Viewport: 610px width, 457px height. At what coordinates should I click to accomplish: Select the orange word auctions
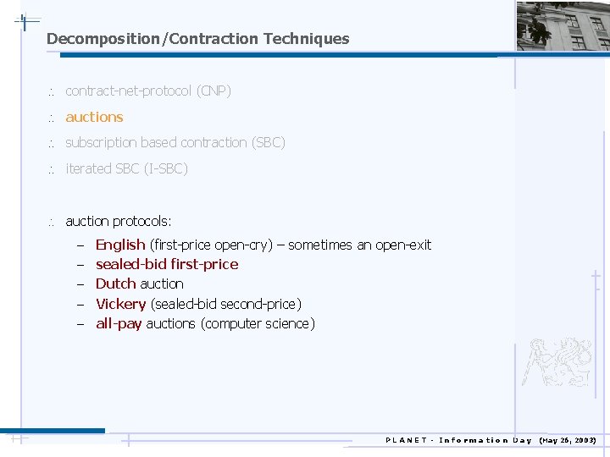(94, 117)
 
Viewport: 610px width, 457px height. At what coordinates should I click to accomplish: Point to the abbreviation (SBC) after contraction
(268, 142)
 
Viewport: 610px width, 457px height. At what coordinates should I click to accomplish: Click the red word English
(120, 245)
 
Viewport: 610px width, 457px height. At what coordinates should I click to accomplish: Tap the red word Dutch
(116, 284)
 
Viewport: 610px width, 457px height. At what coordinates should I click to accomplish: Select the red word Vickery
(121, 304)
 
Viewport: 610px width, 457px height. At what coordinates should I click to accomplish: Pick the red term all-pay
(119, 323)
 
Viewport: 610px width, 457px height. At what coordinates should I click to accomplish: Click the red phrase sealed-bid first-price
(167, 264)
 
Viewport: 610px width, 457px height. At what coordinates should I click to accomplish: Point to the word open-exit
(403, 245)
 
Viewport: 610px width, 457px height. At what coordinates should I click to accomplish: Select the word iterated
(88, 168)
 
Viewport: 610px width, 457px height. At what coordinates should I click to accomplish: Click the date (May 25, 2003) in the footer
(568, 440)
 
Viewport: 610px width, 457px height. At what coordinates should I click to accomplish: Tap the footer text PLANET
(407, 440)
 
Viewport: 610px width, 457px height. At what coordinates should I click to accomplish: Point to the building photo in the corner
(563, 25)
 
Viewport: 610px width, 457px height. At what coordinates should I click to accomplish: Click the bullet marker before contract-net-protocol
(50, 91)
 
